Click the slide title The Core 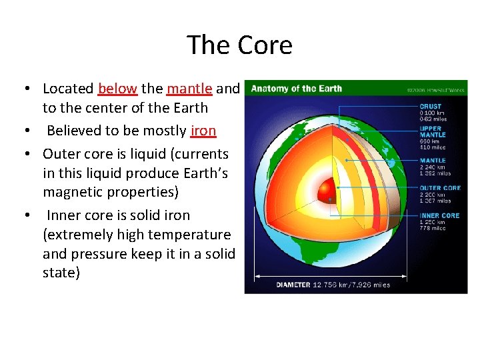coord(239,45)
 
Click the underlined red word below coord(117,89)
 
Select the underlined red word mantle coord(189,89)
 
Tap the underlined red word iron coord(203,131)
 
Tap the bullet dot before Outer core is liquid coord(24,155)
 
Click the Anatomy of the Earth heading coord(296,89)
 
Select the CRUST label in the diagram coord(430,106)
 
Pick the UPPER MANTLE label coord(433,132)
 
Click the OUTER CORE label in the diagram coord(439,188)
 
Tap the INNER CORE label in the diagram coord(439,216)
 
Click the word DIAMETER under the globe coord(293,285)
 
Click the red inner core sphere coord(327,191)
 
